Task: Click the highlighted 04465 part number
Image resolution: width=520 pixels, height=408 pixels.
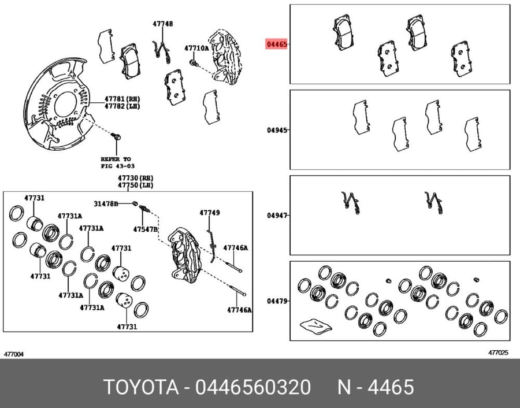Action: [276, 44]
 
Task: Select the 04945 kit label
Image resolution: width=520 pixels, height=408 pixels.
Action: [277, 129]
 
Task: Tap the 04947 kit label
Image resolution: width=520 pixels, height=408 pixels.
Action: [277, 216]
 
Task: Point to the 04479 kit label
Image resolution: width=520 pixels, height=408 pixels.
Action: [277, 301]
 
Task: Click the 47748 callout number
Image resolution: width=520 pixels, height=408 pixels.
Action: [163, 24]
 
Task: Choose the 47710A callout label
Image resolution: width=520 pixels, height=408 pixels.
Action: [196, 49]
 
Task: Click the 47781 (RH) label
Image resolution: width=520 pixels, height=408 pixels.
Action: [122, 99]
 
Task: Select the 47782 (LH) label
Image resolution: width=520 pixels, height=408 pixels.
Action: [122, 106]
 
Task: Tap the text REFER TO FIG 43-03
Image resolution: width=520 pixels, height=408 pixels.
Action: [118, 162]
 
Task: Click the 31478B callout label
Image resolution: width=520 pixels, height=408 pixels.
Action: [106, 203]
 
